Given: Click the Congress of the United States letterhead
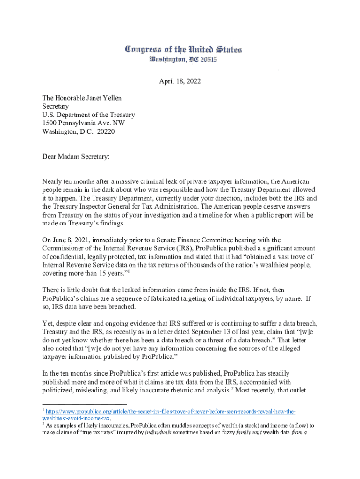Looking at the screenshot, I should point(183,50).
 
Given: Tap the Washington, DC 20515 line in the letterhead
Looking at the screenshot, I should point(183,60).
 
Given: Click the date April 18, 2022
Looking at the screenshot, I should point(180,81).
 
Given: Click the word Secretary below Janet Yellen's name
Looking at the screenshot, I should point(56,106).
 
